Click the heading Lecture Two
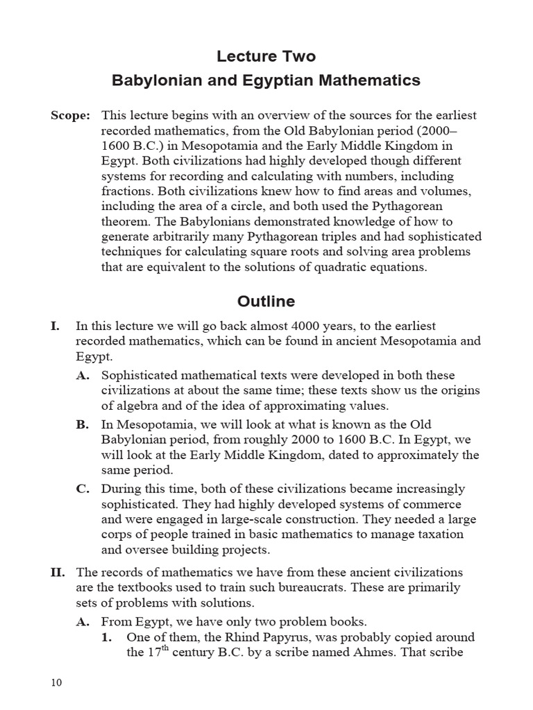(x=266, y=55)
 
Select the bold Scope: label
(x=70, y=115)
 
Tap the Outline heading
(x=266, y=302)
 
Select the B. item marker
(x=83, y=424)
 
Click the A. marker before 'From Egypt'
(x=83, y=621)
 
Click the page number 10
(x=56, y=683)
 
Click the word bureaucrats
(x=314, y=588)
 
